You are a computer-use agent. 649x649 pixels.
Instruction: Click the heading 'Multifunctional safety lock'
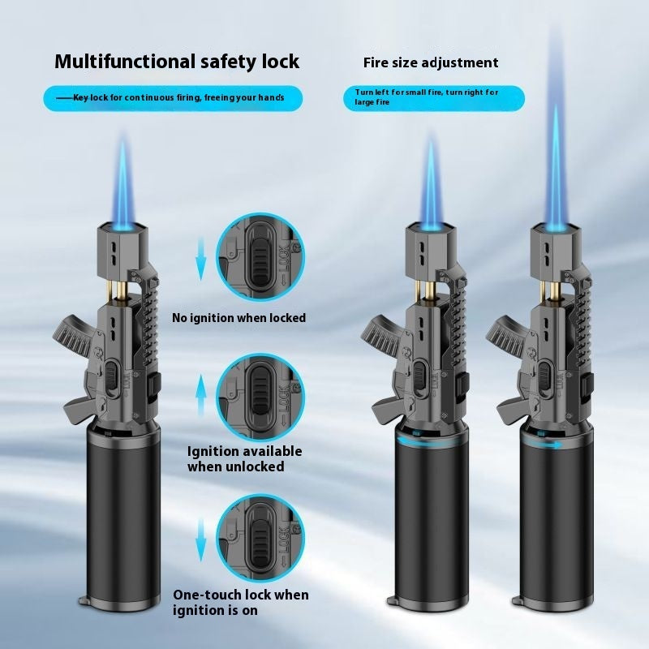[x=177, y=62]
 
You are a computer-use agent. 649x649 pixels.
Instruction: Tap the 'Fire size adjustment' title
[x=431, y=63]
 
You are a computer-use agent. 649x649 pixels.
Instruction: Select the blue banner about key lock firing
[x=173, y=98]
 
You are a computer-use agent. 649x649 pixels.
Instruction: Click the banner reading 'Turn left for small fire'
[x=434, y=98]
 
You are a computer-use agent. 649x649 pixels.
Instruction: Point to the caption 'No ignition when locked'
[x=239, y=318]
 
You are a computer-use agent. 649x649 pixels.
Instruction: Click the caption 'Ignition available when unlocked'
[x=244, y=458]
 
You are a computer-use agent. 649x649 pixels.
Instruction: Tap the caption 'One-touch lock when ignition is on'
[x=240, y=602]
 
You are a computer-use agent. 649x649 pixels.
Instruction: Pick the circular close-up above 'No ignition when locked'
[x=260, y=257]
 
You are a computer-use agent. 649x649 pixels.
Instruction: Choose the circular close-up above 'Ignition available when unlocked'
[x=260, y=397]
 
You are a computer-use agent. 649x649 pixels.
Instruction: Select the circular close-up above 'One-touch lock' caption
[x=260, y=540]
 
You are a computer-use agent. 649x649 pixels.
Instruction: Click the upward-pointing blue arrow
[x=200, y=395]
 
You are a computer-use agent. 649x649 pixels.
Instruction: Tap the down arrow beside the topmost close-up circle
[x=200, y=259]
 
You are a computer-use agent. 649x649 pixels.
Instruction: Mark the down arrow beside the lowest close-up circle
[x=200, y=540]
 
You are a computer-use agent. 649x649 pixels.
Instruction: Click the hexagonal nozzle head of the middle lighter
[x=431, y=247]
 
